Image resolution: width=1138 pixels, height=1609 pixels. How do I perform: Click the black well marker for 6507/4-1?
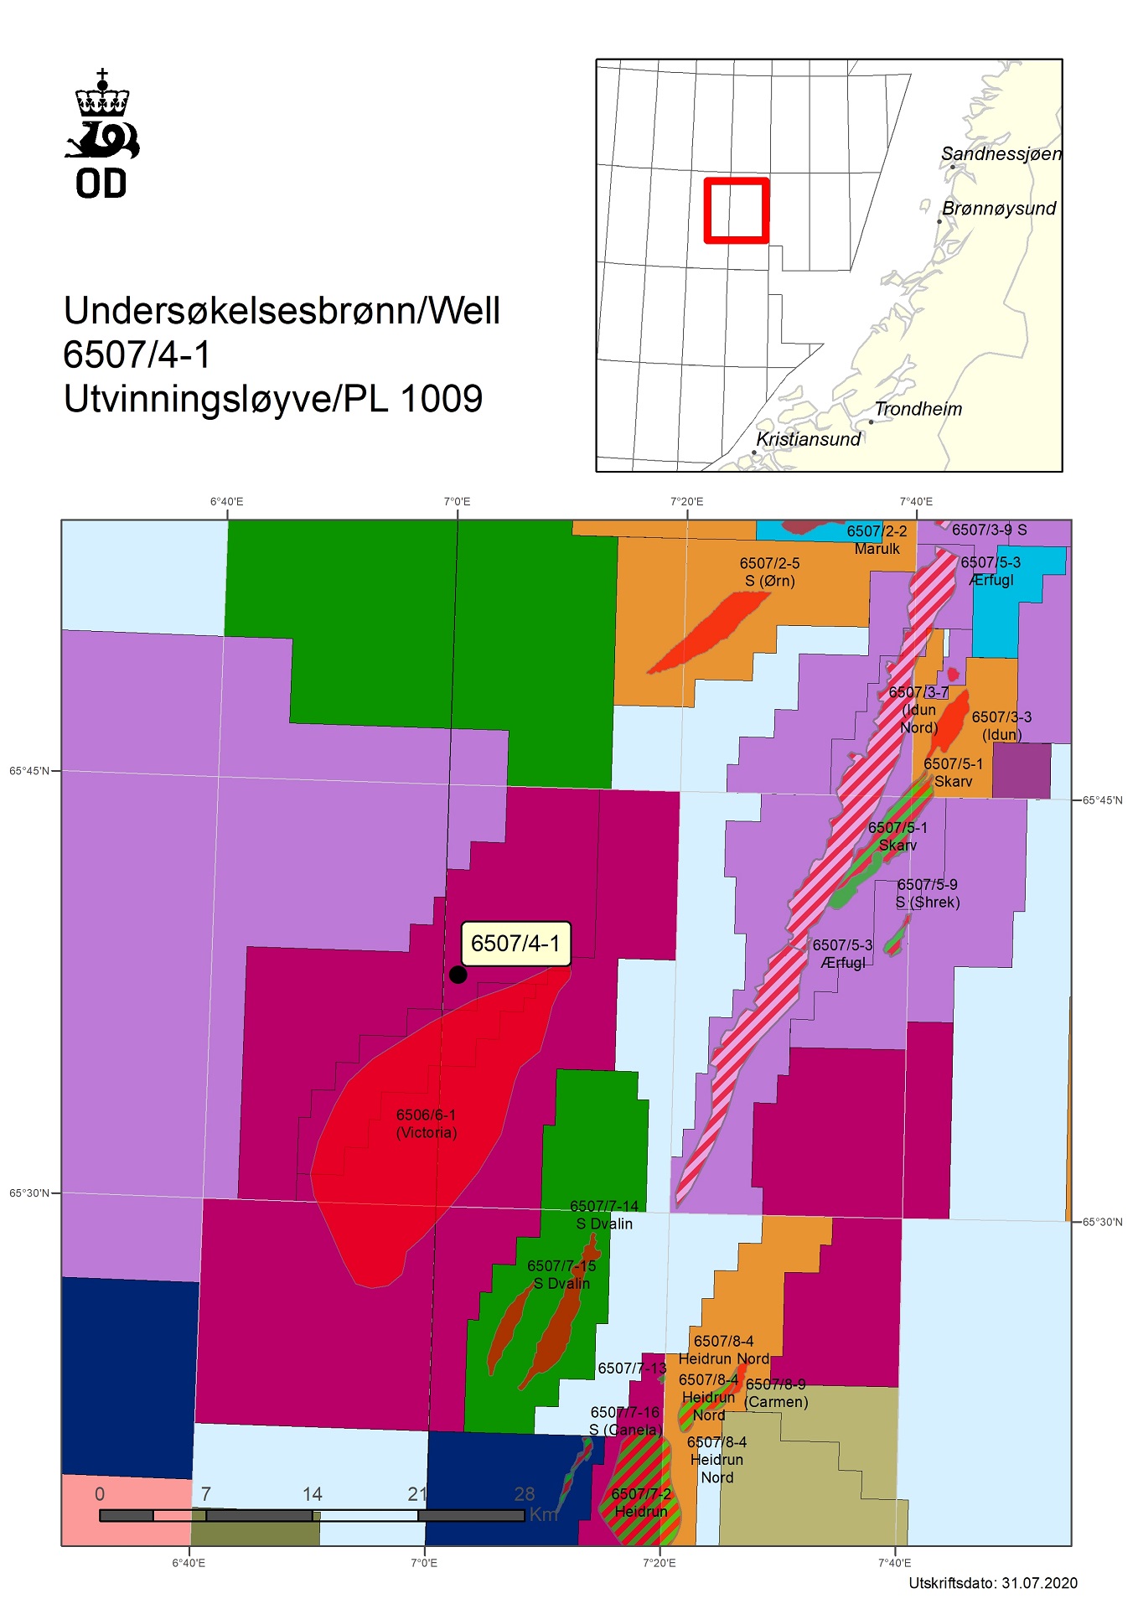[x=458, y=974]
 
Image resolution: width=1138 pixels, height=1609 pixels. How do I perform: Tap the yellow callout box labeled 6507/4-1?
[x=515, y=944]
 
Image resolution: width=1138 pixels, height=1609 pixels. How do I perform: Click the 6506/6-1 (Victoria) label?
[x=426, y=1124]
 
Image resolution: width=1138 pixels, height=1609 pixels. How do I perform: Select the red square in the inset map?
[x=737, y=211]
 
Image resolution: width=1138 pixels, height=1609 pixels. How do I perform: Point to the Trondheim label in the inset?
[x=918, y=409]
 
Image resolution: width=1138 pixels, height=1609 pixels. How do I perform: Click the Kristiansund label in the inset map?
[x=808, y=439]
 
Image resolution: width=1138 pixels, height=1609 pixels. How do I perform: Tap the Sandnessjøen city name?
[x=1001, y=154]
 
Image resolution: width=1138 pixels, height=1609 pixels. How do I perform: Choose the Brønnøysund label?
[x=999, y=209]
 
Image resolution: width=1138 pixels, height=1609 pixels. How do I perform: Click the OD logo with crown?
[x=102, y=134]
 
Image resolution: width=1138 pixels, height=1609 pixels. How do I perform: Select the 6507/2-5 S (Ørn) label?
[x=769, y=572]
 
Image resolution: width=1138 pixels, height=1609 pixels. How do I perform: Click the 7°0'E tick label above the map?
[x=457, y=502]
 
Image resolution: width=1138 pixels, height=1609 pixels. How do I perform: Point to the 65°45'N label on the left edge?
[x=29, y=771]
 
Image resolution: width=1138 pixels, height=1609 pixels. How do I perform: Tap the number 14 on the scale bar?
[x=313, y=1494]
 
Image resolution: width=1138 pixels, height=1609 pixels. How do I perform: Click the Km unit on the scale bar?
[x=543, y=1514]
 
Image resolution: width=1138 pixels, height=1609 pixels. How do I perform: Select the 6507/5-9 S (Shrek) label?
[x=927, y=893]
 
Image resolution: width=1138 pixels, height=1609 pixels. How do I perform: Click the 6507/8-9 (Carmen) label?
[x=776, y=1393]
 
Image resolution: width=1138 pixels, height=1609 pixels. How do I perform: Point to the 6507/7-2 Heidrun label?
[x=641, y=1503]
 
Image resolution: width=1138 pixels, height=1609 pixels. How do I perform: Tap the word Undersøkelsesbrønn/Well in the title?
[x=282, y=311]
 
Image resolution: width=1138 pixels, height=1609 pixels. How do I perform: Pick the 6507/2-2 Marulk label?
[x=877, y=540]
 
